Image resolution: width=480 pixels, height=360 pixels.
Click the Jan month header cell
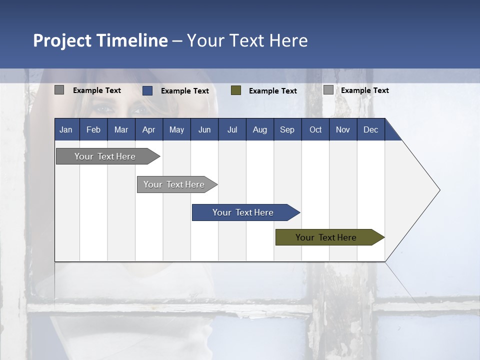coord(66,129)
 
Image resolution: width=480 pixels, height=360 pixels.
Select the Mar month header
coord(121,129)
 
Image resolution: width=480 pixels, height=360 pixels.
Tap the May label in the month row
coord(176,129)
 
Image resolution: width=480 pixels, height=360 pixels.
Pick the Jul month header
coord(232,129)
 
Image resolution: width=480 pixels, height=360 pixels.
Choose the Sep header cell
coord(287,129)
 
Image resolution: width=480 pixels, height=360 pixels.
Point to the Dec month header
coord(370,129)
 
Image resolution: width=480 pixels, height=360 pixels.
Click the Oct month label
coord(315,129)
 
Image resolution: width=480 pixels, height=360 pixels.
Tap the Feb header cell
coord(93,129)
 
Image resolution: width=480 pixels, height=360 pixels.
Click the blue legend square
coord(147,90)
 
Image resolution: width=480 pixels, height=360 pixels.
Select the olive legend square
coord(236,90)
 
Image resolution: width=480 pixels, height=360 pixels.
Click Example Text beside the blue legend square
coord(185,91)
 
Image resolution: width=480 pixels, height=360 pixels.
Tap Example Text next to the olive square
coord(273,91)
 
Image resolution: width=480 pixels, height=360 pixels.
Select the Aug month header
coord(260,129)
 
